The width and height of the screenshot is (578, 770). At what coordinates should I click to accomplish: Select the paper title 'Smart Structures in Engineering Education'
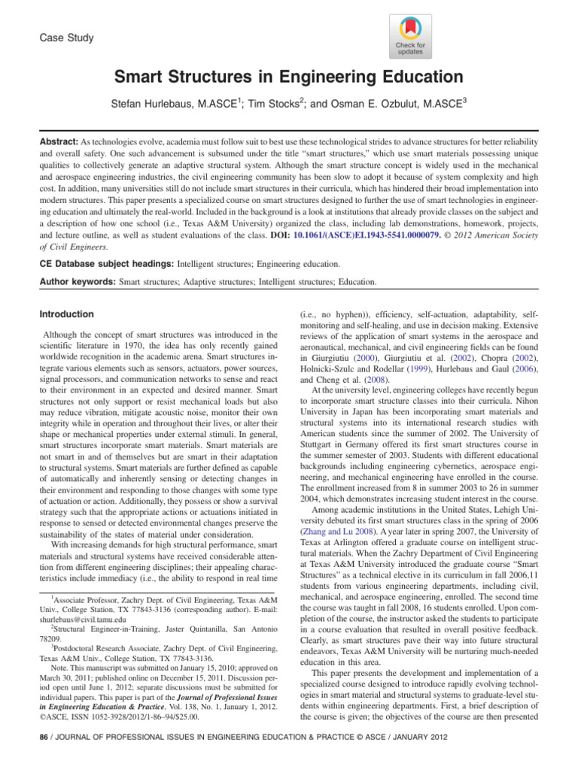288,77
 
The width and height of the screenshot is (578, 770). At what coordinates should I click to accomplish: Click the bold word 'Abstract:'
59,142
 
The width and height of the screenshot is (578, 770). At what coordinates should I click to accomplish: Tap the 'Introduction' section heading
68,314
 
